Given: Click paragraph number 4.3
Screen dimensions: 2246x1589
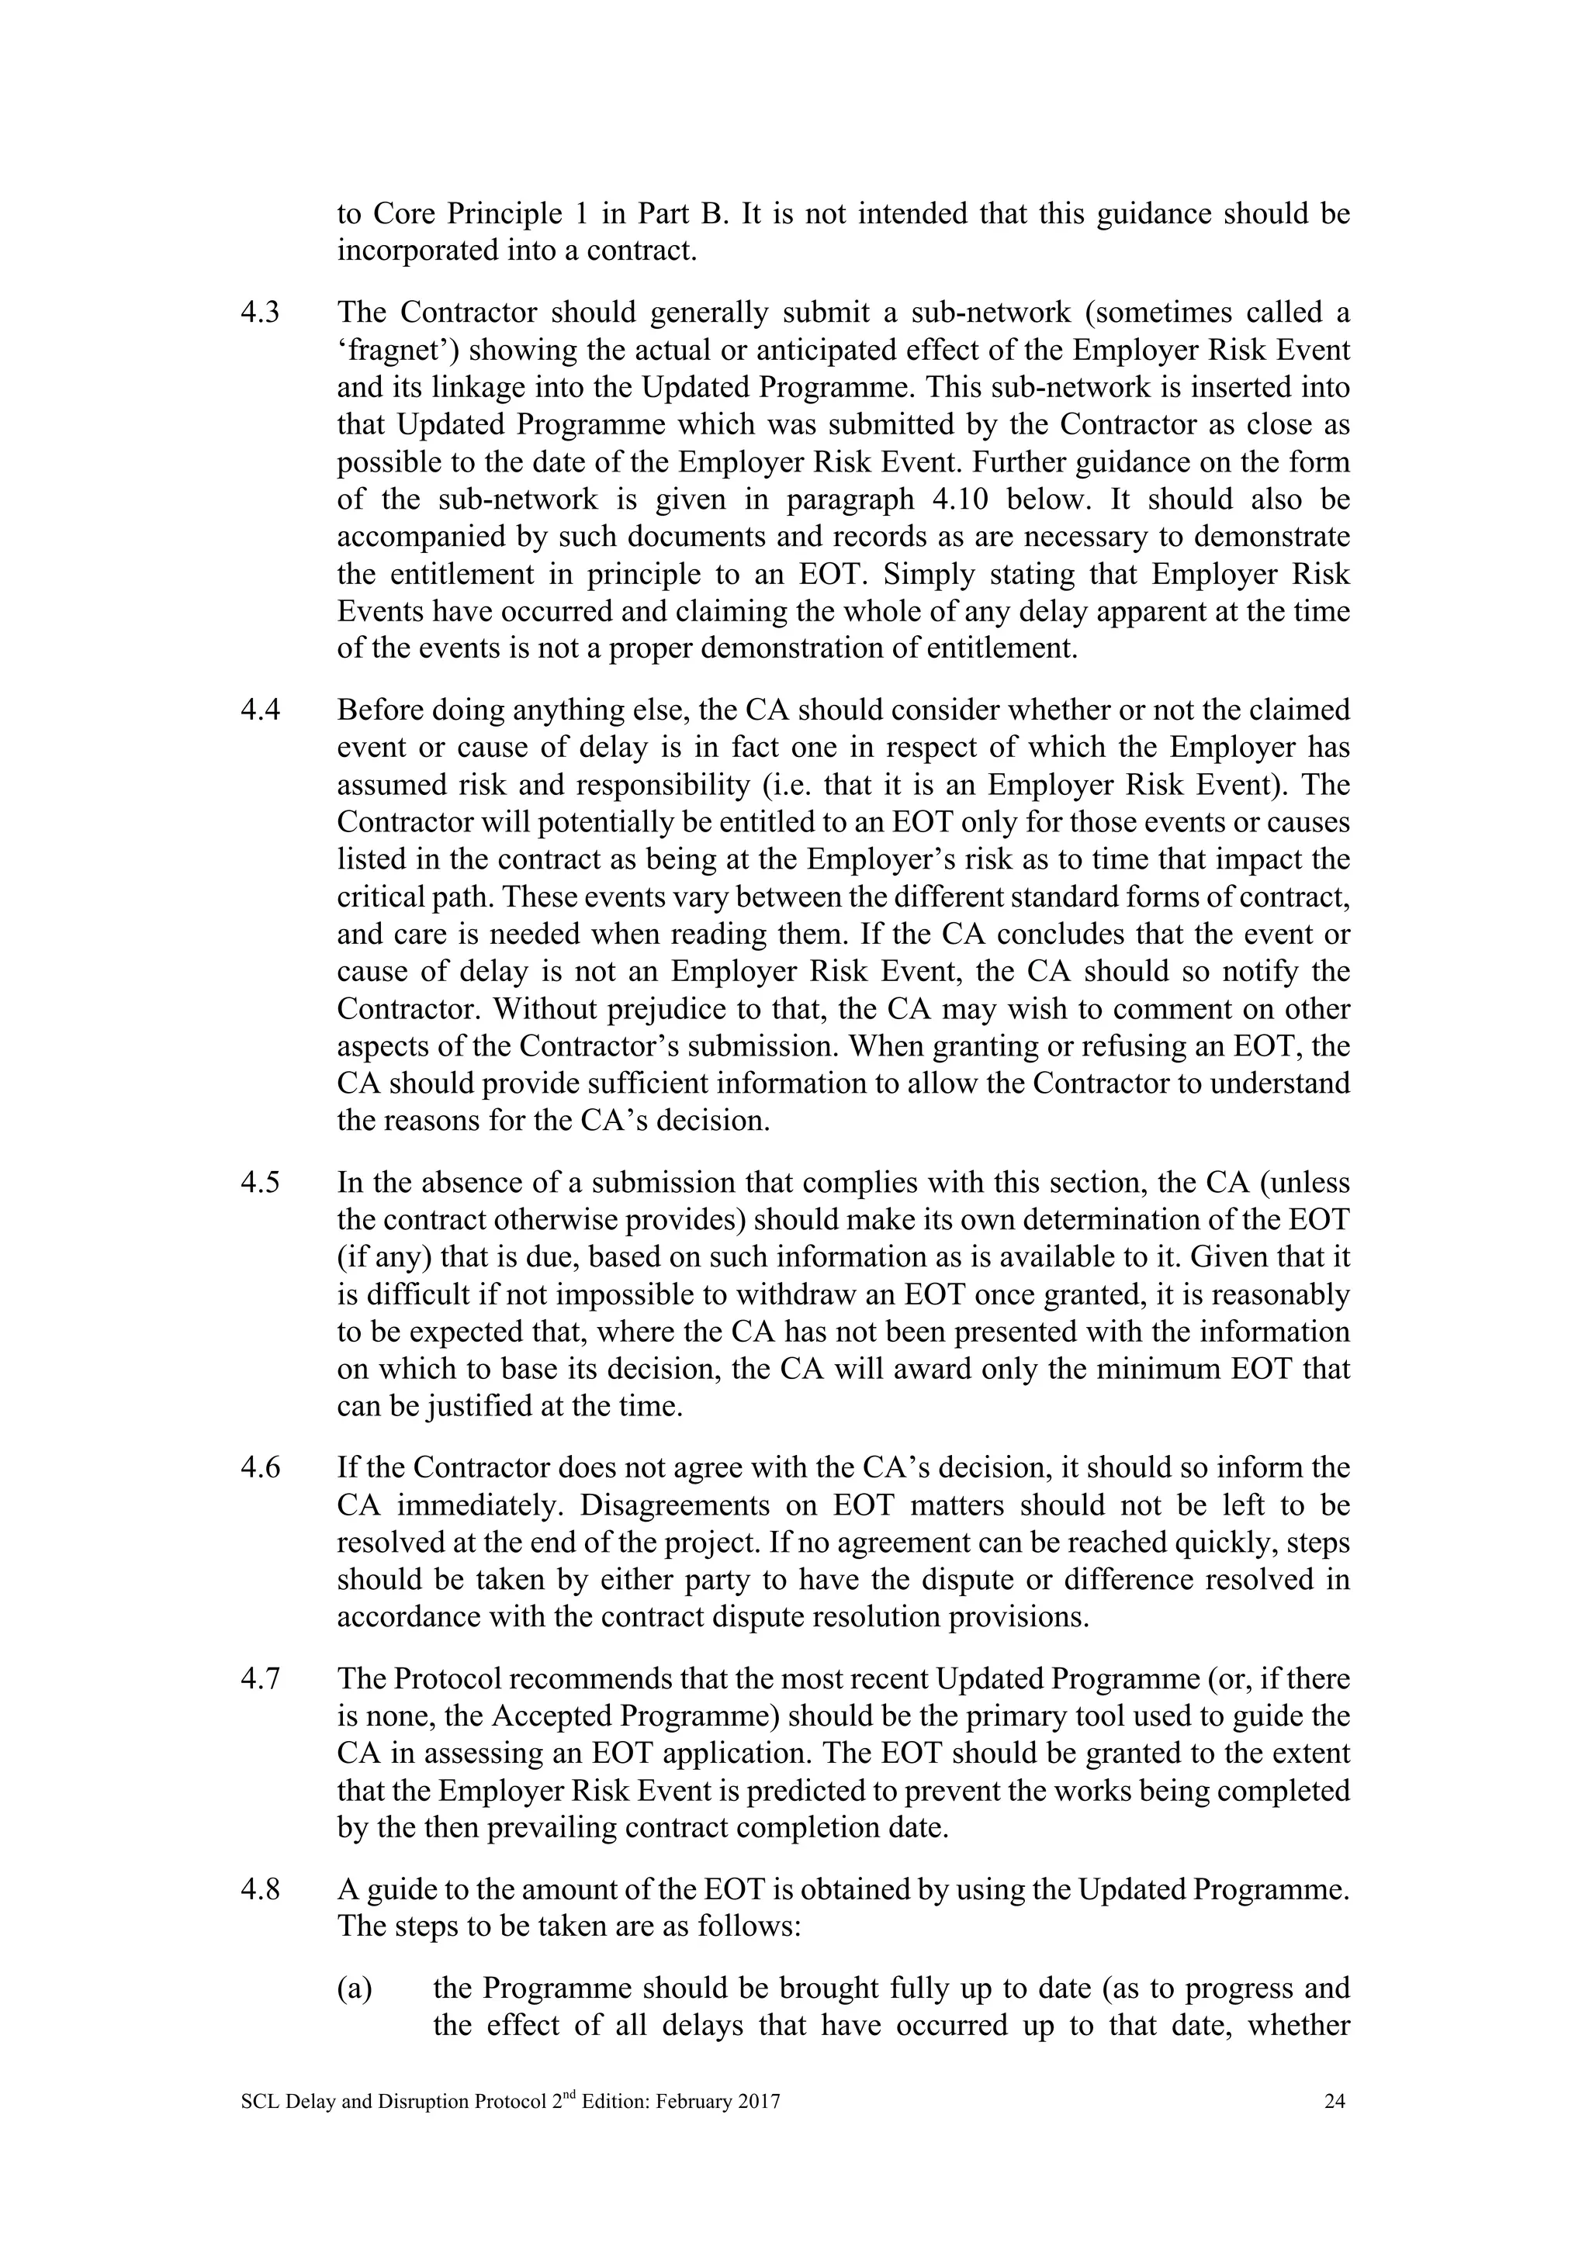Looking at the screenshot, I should point(259,313).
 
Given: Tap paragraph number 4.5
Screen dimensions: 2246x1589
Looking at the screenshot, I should point(259,1183).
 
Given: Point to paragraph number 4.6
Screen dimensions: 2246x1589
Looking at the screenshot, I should point(259,1468).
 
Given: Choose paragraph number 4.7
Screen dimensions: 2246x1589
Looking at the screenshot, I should point(259,1680).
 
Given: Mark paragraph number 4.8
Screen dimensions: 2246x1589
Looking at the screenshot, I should point(259,1891).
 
